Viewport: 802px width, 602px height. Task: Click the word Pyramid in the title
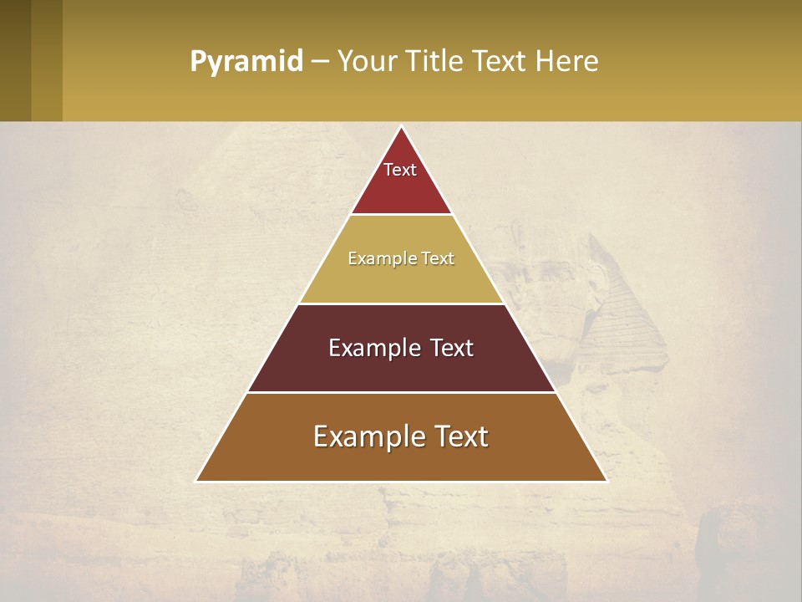click(x=246, y=62)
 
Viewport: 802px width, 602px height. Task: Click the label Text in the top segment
click(x=400, y=170)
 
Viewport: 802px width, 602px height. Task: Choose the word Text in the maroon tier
click(x=446, y=348)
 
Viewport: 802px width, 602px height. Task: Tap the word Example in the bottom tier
click(x=362, y=436)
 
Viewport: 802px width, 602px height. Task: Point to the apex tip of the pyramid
click(x=402, y=128)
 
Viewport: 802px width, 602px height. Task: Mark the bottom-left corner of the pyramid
click(x=197, y=480)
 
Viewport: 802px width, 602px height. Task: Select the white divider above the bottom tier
click(x=401, y=392)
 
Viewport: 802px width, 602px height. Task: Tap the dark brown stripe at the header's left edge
click(x=15, y=60)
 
